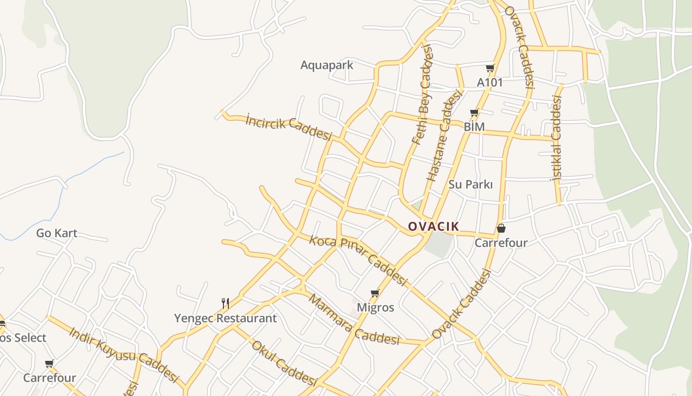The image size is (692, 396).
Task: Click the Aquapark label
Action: pos(327,65)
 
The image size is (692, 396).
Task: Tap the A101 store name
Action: pos(489,82)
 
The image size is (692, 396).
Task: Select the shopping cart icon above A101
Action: pos(490,68)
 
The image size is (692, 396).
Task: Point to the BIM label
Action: pos(474,127)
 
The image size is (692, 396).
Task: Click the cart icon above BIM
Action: pos(475,113)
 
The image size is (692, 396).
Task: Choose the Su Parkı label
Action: pos(471,185)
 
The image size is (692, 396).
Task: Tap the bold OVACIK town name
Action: pos(433,227)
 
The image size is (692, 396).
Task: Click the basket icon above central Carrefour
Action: pos(501,228)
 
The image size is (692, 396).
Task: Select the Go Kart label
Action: pos(57,233)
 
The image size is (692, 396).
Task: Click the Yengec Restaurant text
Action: pos(225,318)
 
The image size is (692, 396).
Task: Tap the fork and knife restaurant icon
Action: pos(225,302)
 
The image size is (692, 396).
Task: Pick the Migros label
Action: pos(376,307)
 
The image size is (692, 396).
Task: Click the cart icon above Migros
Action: pos(375,294)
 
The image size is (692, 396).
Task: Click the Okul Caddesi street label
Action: pos(284,363)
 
